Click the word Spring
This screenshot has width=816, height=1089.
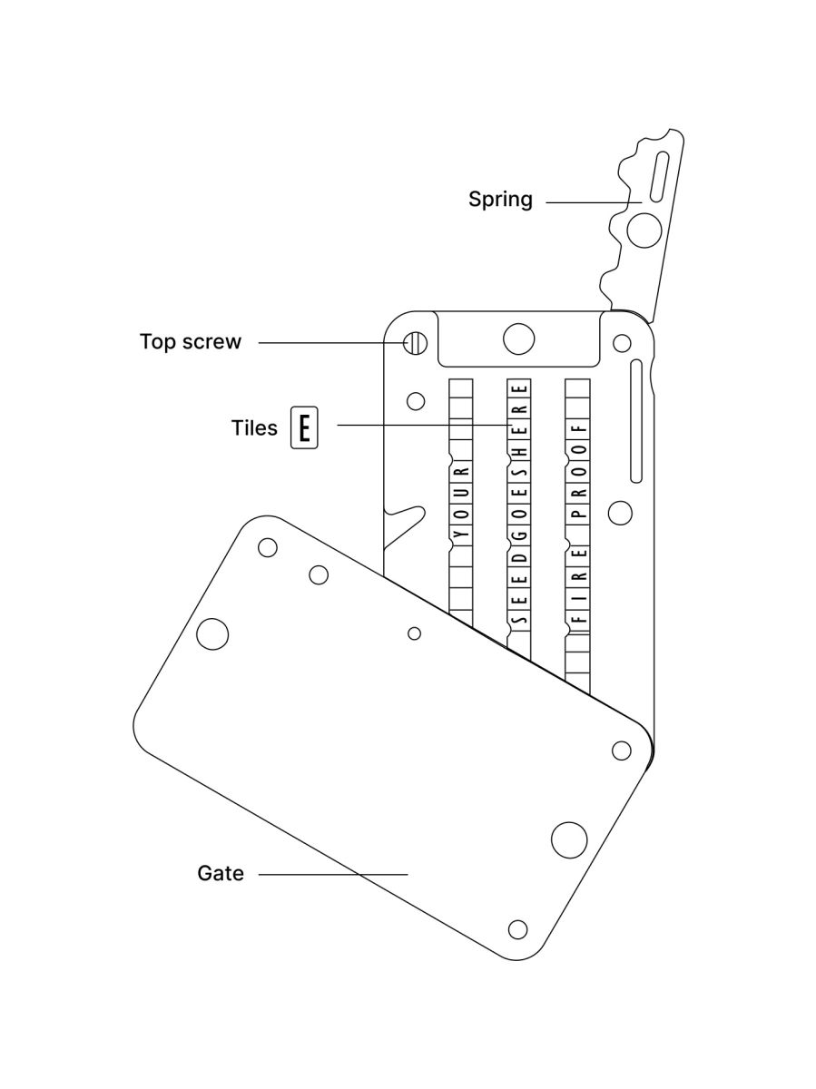pos(500,199)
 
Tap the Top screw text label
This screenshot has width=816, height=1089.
pos(191,342)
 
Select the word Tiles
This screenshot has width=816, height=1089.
pos(254,427)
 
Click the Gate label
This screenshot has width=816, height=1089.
pos(221,874)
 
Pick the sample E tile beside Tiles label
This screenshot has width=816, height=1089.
pos(305,427)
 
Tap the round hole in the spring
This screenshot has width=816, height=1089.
pos(644,230)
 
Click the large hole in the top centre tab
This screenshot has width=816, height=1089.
pos(518,338)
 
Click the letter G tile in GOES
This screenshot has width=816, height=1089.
pos(519,535)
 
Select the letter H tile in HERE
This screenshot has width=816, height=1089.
pos(519,450)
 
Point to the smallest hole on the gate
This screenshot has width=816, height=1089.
pos(414,633)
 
